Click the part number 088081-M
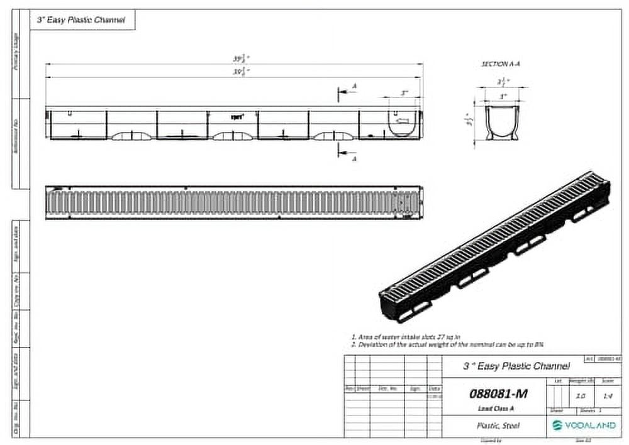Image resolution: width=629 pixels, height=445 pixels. (x=498, y=394)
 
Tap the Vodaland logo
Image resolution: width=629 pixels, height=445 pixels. (x=584, y=426)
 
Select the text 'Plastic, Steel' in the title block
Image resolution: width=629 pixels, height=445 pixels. (x=498, y=426)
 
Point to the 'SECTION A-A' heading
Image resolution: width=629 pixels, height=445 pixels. (x=501, y=64)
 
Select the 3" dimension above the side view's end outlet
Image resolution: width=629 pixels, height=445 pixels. (x=404, y=93)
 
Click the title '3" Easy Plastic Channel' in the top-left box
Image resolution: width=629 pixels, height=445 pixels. (x=83, y=20)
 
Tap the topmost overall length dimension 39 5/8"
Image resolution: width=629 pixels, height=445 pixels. (x=238, y=59)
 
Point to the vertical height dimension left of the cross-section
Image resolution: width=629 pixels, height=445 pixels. (x=468, y=121)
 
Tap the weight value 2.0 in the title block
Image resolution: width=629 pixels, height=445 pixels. (x=581, y=396)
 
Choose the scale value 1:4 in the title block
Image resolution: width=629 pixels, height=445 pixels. (x=608, y=396)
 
